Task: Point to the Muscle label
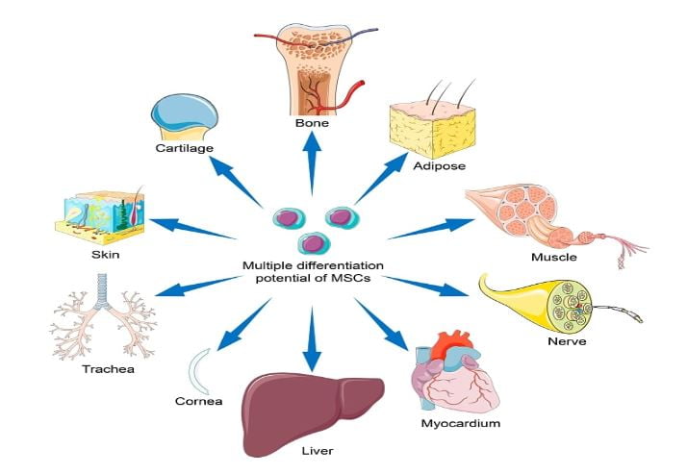pyautogui.click(x=553, y=257)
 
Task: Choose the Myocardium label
pyautogui.click(x=460, y=422)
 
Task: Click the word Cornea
pyautogui.click(x=199, y=400)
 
